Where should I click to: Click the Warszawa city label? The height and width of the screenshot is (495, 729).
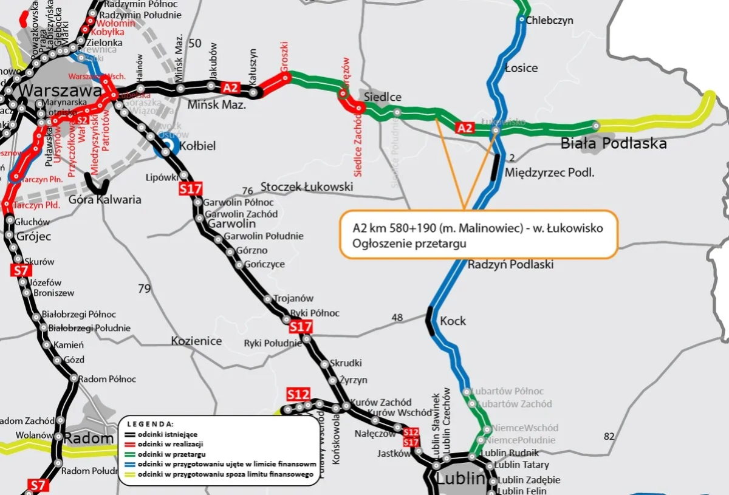point(60,91)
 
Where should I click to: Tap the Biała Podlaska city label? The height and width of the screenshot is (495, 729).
point(613,143)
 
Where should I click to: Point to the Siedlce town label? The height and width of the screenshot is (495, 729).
point(383,97)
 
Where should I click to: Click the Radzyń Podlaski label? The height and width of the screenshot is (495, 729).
point(510,265)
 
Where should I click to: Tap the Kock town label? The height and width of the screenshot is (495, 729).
point(453,321)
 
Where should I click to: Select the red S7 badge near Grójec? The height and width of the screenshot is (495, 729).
point(21,270)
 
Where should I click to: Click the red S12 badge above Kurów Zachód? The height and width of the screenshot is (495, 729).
point(298,394)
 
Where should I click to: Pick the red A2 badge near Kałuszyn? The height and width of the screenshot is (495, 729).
point(230,87)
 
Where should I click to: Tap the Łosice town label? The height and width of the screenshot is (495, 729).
point(521,67)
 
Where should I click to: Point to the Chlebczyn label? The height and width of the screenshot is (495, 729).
point(549,20)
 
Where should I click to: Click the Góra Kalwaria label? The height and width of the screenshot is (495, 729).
point(105,199)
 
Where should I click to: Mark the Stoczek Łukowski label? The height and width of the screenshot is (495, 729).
point(306,186)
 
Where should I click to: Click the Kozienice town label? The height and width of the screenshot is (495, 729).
point(196,341)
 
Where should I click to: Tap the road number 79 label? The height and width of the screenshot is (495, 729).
point(144,288)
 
